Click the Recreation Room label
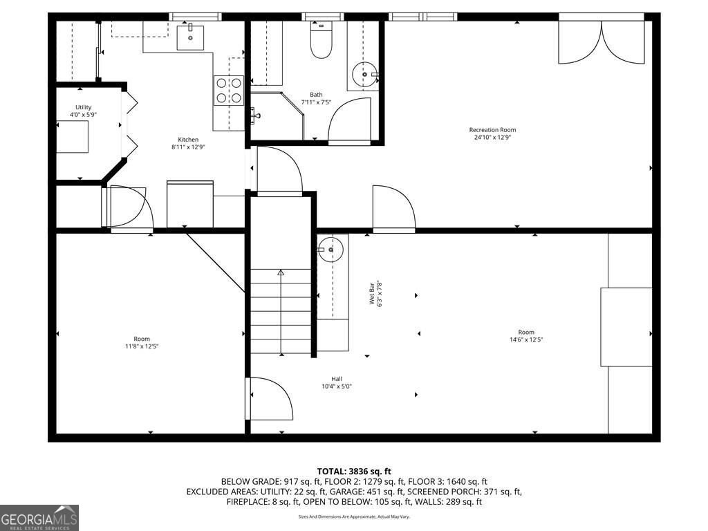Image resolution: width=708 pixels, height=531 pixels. [492, 130]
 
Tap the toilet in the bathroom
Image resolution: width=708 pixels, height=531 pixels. [319, 42]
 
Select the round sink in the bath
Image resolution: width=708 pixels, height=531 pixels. [364, 73]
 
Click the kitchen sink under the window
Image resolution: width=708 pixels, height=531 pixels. [190, 36]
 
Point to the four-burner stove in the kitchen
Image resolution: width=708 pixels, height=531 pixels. [229, 91]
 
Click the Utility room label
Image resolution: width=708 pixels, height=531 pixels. [83, 107]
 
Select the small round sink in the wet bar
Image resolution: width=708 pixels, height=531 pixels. [330, 249]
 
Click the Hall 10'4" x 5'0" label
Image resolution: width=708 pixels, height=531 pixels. [337, 382]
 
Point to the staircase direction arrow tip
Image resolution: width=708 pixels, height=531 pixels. [281, 272]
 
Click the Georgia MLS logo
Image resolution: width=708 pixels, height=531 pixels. [39, 518]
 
